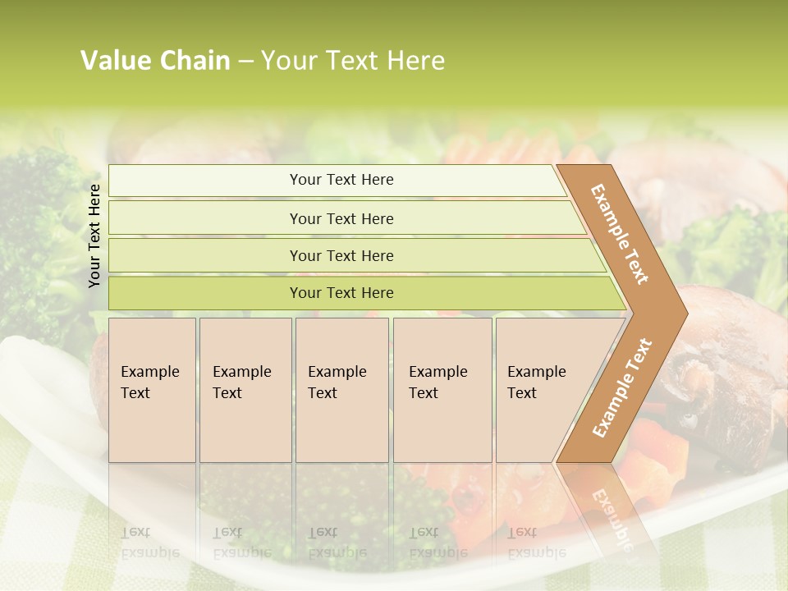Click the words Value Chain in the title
pos(155,61)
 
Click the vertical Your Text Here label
pos(94,236)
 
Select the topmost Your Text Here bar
pos(341,180)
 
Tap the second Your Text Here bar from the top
pos(341,218)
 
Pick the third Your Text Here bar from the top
pos(341,255)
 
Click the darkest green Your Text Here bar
pos(341,293)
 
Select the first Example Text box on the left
pos(152,390)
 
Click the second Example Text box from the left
pos(245,390)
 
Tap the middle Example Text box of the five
pos(341,390)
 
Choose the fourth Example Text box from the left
pos(442,390)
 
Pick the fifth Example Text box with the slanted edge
pos(542,390)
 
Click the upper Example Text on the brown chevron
pos(620,234)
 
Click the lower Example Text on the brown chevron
pos(622,387)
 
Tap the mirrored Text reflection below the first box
pos(136,532)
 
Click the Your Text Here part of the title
pos(353,61)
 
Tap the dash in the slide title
pos(245,62)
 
